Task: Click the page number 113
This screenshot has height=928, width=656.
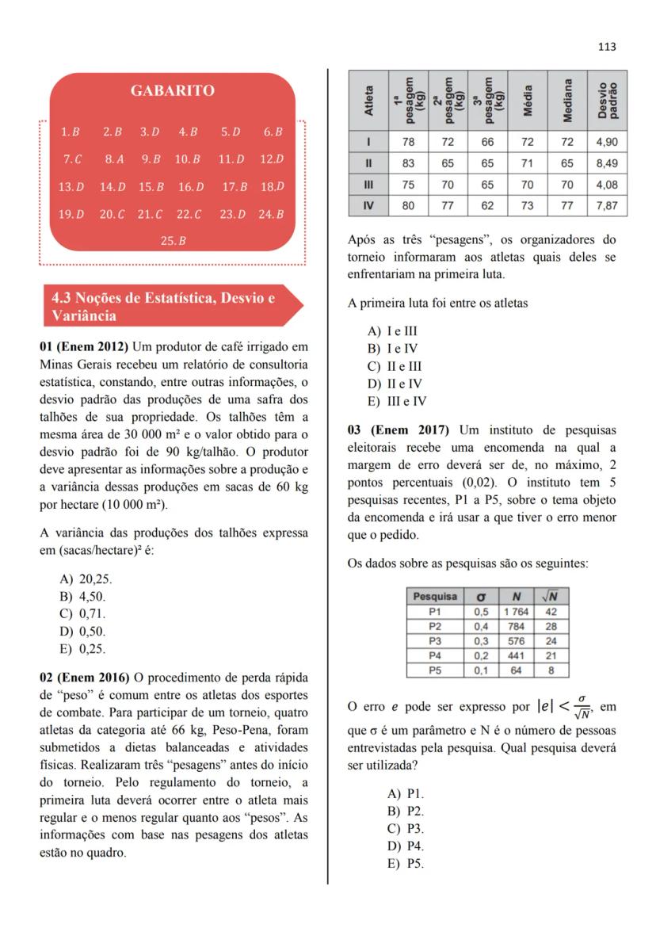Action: (607, 47)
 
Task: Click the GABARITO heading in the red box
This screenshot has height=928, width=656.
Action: (172, 91)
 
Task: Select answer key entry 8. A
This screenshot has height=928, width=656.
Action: (114, 158)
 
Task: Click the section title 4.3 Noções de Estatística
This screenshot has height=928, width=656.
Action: (162, 307)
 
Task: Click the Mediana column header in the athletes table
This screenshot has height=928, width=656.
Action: (567, 102)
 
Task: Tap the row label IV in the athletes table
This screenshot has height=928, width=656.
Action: (368, 206)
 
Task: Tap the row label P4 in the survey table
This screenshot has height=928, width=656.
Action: (434, 655)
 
